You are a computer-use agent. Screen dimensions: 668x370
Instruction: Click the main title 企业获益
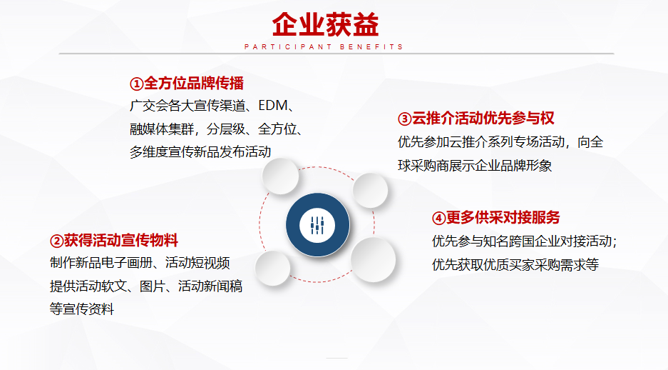pos(326,24)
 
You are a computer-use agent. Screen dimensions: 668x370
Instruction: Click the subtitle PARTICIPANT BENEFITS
pos(324,47)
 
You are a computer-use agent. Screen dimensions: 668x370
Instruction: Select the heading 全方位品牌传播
pos(194,84)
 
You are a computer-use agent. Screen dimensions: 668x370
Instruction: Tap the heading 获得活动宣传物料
pos(121,241)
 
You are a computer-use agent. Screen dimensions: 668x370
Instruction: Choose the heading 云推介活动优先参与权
pos(483,118)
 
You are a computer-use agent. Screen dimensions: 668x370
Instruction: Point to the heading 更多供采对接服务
pos(503,218)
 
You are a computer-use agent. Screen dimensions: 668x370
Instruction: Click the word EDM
pos(272,106)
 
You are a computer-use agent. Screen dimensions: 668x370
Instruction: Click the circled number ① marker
pos(137,84)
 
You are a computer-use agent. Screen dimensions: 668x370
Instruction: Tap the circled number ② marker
pos(56,241)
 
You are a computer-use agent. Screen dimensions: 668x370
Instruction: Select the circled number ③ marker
pos(405,119)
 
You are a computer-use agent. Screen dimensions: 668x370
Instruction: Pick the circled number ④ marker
pos(439,218)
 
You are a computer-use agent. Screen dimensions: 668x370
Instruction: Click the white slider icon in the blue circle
pos(317,225)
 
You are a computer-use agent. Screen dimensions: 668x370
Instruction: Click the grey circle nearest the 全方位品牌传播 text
pos(280,176)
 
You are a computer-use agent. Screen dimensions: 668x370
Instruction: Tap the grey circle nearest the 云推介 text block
pos(370,190)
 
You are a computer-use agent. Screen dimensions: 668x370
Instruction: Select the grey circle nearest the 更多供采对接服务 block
pos(373,259)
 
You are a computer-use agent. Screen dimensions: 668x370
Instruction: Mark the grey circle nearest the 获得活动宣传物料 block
pos(272,268)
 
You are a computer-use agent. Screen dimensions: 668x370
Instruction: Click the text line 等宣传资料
pos(82,309)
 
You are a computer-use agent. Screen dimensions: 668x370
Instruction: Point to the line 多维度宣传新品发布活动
pos(200,152)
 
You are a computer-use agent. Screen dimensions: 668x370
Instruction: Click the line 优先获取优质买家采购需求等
pos(515,264)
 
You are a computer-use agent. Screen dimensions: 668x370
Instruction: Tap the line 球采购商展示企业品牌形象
pos(475,166)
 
